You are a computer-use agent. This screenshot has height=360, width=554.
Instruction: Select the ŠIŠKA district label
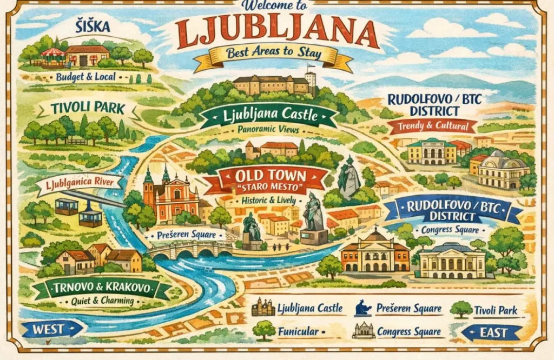pos(93,26)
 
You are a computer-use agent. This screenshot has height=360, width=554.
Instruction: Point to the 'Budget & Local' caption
pos(85,77)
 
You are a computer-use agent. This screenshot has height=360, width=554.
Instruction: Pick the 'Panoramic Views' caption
pos(268,130)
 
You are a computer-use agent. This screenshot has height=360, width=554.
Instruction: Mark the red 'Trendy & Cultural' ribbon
pos(432,126)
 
